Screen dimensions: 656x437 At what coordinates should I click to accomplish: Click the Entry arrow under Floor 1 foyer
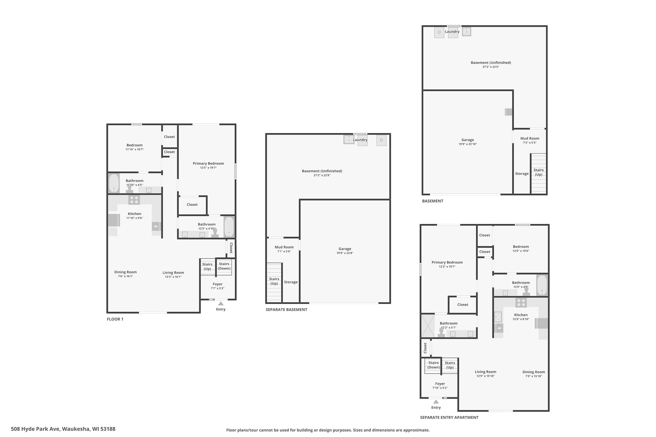[x=221, y=303]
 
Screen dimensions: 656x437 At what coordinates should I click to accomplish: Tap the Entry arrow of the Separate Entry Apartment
[x=436, y=402]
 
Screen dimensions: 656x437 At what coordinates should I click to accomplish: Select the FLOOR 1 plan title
[x=115, y=319]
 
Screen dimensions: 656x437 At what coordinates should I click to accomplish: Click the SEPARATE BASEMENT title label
[x=286, y=309]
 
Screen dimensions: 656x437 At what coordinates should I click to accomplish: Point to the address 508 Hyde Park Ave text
[x=35, y=429]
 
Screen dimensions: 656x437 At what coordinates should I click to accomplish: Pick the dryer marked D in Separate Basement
[x=382, y=140]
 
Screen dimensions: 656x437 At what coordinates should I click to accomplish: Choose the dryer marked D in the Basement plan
[x=439, y=32]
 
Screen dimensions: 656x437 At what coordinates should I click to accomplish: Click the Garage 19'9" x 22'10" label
[x=468, y=142]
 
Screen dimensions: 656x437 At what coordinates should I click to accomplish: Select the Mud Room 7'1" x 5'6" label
[x=284, y=249]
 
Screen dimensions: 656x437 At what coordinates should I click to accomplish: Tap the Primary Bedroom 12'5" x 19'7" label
[x=208, y=165]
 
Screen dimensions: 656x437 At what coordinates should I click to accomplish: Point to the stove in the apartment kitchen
[x=521, y=302]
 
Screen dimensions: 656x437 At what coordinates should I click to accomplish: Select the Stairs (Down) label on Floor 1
[x=224, y=266]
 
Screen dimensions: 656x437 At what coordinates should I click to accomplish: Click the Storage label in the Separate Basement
[x=291, y=282]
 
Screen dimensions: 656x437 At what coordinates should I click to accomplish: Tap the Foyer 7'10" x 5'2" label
[x=440, y=386]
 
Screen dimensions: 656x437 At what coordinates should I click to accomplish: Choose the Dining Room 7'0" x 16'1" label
[x=126, y=274]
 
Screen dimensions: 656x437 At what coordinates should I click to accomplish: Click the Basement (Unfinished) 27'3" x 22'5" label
[x=491, y=64]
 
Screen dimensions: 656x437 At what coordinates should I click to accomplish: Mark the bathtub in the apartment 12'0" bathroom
[x=542, y=285]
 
